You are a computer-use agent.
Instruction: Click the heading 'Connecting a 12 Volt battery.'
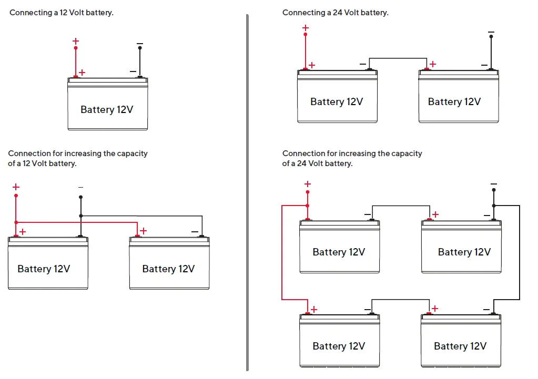click(62, 12)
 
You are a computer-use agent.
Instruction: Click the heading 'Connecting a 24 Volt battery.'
click(335, 12)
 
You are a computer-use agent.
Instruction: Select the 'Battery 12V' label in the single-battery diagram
click(107, 109)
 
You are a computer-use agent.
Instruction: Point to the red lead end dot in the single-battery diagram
click(76, 48)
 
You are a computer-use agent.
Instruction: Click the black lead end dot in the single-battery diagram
click(140, 48)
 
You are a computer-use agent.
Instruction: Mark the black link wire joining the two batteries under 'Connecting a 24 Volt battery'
click(398, 58)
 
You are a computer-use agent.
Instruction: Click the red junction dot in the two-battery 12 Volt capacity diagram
click(16, 222)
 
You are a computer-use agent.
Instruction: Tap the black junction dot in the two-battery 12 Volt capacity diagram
click(80, 216)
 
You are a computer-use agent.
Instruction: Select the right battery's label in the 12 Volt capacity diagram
click(168, 269)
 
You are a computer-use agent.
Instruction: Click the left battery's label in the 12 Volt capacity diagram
click(44, 269)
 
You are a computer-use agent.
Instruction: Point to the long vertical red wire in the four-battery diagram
click(282, 252)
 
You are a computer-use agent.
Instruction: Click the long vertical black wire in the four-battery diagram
click(520, 252)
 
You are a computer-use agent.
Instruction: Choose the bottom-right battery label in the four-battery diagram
click(460, 346)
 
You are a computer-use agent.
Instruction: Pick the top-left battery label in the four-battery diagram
click(339, 252)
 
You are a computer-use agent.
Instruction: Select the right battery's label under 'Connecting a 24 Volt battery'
click(454, 101)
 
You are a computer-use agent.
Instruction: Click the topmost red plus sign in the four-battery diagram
click(308, 184)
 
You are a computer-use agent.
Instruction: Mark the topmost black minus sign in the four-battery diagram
click(493, 184)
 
